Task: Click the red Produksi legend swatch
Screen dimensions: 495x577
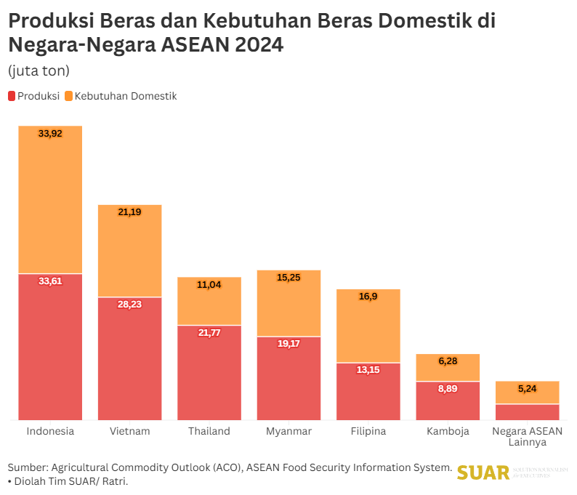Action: click(12, 96)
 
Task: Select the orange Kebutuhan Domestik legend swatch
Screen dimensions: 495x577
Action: click(68, 96)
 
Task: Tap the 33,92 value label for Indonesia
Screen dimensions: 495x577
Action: click(50, 134)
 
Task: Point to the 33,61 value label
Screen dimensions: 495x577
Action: click(50, 281)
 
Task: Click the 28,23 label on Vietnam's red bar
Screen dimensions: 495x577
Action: click(129, 304)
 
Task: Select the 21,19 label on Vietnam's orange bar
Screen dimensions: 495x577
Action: click(129, 212)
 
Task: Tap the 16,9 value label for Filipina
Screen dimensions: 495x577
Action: click(368, 297)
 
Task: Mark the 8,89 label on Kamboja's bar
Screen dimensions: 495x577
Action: click(448, 389)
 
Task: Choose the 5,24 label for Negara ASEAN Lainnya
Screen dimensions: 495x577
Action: click(527, 389)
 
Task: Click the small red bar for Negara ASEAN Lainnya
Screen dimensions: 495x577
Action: click(527, 412)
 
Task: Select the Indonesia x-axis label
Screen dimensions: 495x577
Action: click(50, 431)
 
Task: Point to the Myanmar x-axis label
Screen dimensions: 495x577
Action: click(288, 431)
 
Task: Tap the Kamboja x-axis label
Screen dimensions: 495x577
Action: click(448, 431)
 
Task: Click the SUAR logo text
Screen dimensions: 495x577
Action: click(483, 472)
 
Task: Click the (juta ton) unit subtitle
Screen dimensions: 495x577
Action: click(39, 71)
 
